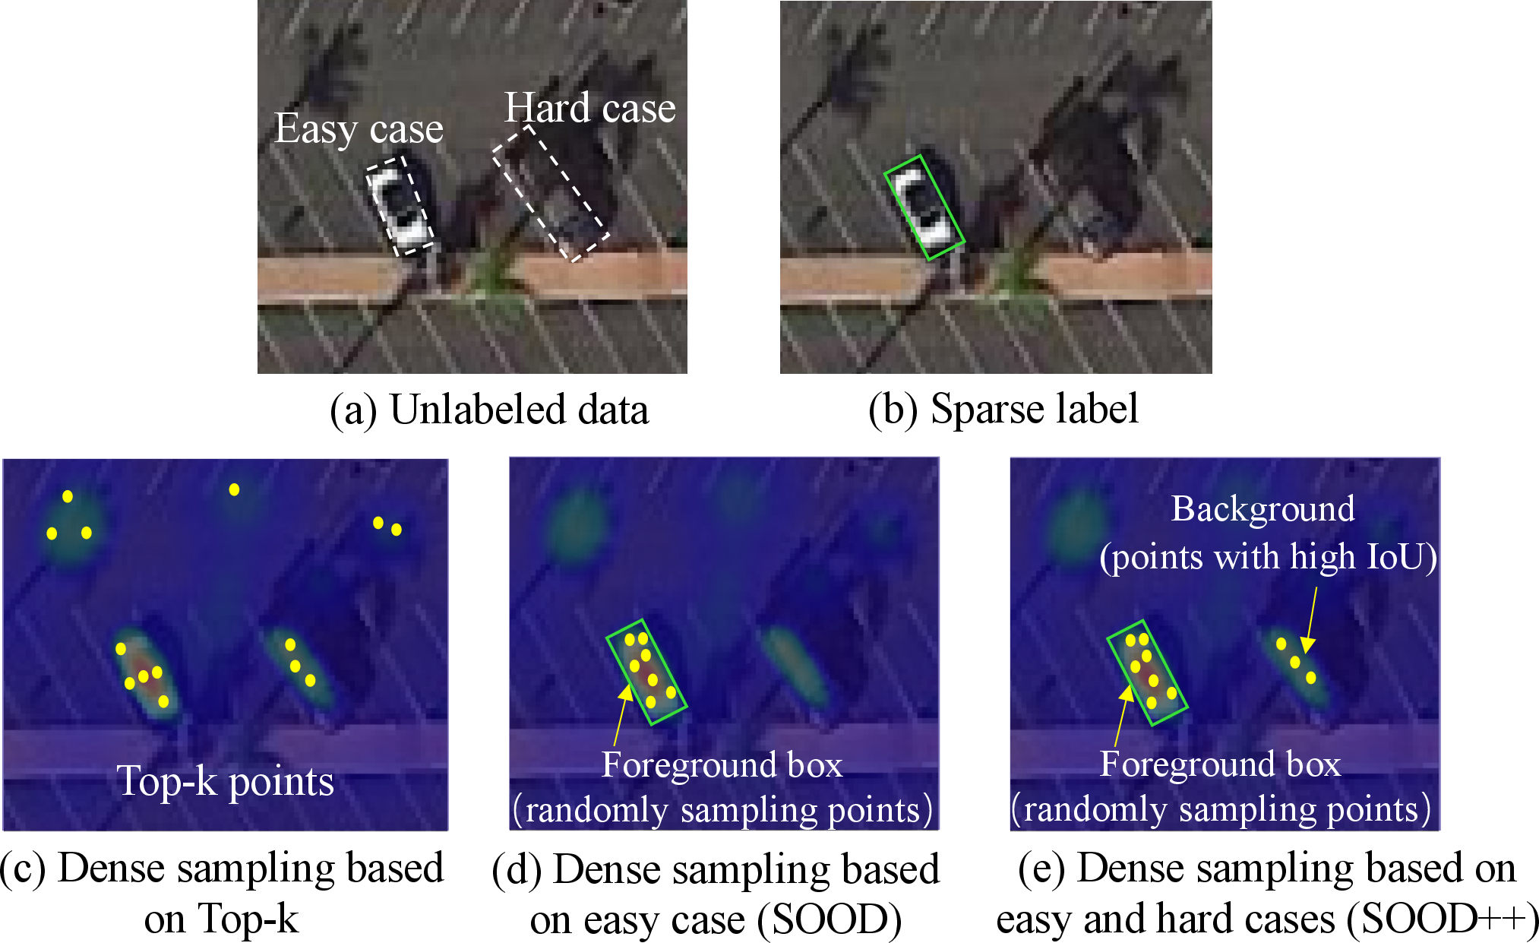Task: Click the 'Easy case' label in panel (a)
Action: coord(359,128)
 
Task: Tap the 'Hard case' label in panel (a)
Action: coord(590,108)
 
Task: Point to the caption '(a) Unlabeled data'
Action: coord(489,410)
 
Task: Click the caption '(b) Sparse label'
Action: coord(1003,410)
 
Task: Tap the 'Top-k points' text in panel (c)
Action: coord(226,781)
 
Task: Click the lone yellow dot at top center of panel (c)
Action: coord(234,489)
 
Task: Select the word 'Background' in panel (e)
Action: coord(1262,509)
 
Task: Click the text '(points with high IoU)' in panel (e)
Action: coord(1269,557)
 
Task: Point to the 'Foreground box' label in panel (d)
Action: coord(722,764)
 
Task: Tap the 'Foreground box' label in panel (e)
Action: coord(1220,764)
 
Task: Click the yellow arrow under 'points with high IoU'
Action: coord(1310,619)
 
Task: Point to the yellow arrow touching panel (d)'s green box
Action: coord(621,715)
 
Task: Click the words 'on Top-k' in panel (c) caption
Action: coord(221,919)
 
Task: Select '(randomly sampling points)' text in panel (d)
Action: coord(722,810)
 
